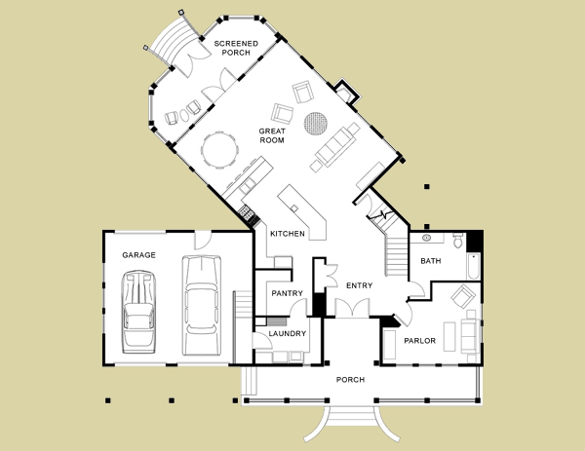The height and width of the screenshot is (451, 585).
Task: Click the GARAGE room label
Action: tap(138, 255)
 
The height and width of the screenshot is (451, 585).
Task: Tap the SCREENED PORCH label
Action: tap(236, 48)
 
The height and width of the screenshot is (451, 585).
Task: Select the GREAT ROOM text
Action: tap(272, 135)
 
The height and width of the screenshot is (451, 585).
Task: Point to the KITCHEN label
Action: tap(288, 234)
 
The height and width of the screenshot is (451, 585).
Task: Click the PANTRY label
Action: tap(287, 293)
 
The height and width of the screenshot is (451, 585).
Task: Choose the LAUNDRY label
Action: tap(288, 333)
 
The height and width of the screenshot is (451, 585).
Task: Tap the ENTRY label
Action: tap(359, 285)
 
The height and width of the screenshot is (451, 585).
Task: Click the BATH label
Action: tap(431, 261)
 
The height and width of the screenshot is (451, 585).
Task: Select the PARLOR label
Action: tap(419, 341)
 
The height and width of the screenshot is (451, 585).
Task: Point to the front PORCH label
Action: tap(350, 380)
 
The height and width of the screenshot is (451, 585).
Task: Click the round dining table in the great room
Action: tap(219, 150)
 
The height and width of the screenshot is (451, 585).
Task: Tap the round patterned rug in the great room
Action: tap(316, 124)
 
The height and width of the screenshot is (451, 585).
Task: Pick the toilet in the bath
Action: tap(458, 241)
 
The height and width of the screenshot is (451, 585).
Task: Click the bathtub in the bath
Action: tap(474, 266)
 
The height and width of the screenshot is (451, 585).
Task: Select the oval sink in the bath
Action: tap(426, 238)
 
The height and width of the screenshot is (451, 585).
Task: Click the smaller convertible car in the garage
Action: tap(138, 312)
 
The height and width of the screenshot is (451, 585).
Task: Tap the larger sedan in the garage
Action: tap(202, 305)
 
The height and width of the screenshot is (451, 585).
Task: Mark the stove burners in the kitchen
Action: tap(247, 212)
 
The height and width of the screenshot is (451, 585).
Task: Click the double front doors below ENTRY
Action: tap(352, 308)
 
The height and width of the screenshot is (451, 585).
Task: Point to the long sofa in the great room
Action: tap(334, 146)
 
